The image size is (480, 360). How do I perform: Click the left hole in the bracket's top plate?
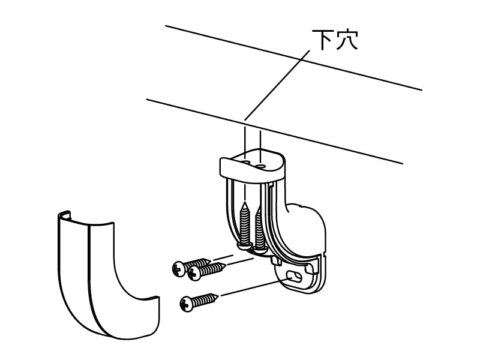247,161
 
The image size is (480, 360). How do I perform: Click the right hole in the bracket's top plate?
262,163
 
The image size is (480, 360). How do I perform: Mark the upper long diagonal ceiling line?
294,58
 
